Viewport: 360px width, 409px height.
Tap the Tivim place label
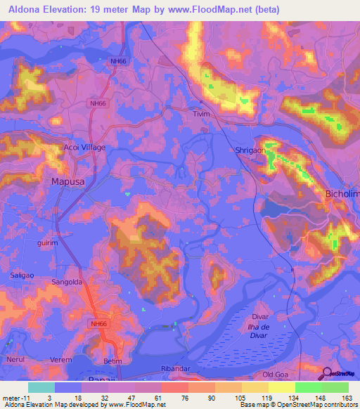coord(203,112)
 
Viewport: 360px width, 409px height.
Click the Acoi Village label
coord(84,148)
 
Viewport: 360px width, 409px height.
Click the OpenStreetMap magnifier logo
coord(328,372)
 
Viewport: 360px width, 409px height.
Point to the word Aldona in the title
coord(22,9)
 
